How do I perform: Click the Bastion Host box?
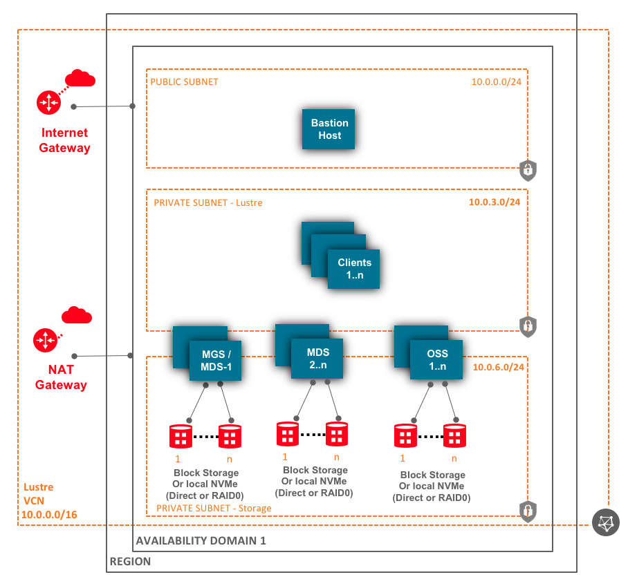329,129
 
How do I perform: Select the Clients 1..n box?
354,268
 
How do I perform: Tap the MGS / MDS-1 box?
215,360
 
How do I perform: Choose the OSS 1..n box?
436,359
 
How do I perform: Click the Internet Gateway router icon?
49,103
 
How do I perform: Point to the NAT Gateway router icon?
45,340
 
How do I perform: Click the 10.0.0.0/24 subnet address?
497,82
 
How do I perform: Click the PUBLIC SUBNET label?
185,82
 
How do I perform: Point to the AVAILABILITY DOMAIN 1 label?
201,540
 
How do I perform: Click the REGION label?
130,562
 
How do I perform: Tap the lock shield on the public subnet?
528,169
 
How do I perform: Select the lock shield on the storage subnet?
528,511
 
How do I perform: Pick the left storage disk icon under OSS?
406,436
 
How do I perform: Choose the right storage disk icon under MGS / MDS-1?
230,436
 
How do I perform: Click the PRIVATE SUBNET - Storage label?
214,508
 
